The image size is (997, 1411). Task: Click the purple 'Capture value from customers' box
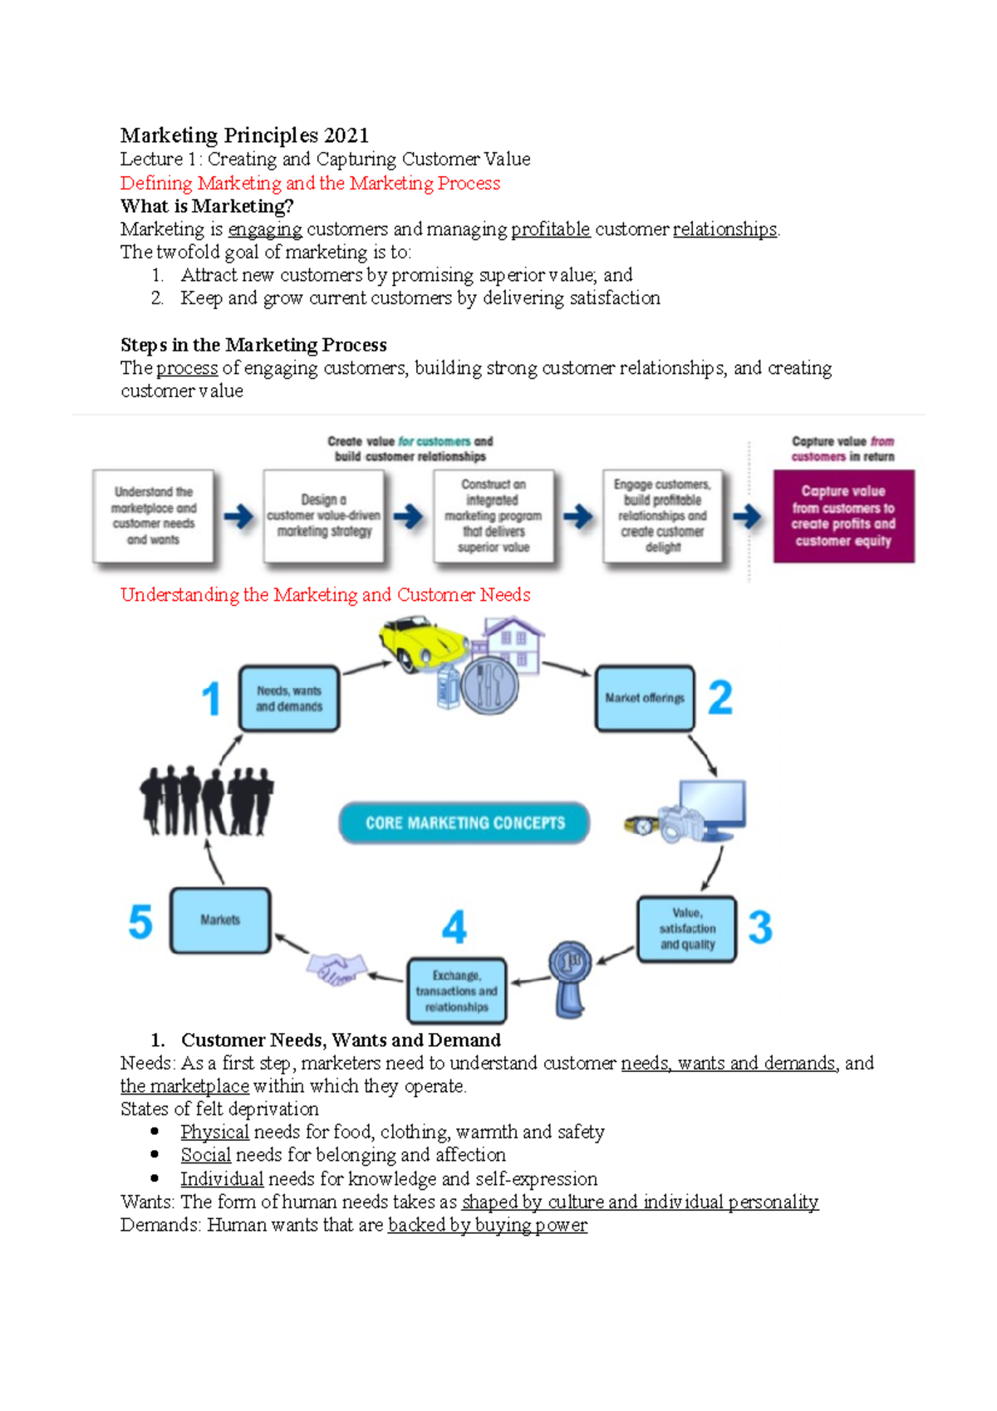coord(843,516)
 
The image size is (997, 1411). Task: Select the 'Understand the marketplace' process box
coord(154,516)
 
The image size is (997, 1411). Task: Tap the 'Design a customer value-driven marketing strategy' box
coord(324,516)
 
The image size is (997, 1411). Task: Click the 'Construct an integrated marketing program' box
coord(494,516)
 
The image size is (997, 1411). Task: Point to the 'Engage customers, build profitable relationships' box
coord(663,516)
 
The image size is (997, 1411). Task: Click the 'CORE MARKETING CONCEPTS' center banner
coord(464,823)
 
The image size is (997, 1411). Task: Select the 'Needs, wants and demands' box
coord(289,699)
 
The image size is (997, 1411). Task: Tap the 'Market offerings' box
coord(645,699)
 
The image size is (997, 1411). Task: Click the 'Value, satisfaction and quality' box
coord(687,929)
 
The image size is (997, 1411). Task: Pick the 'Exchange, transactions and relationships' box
coord(457,991)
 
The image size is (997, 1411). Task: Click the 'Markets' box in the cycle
coord(220,920)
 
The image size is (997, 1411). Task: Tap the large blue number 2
coord(720,698)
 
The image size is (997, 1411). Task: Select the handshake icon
coord(336,968)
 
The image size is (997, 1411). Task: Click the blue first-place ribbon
coord(570,977)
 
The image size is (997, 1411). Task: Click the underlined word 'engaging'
coord(265,229)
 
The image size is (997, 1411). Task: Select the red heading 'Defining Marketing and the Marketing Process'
coord(310,183)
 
